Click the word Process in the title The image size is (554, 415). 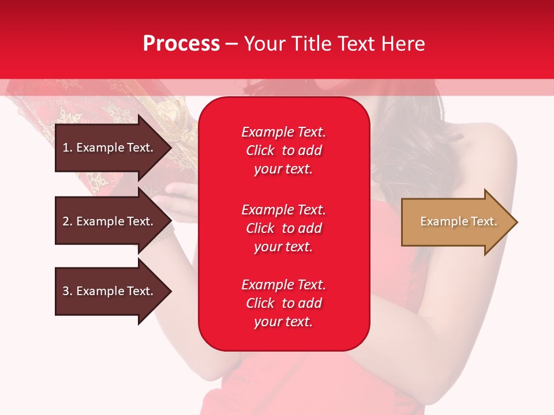(181, 44)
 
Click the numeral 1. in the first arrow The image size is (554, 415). (67, 148)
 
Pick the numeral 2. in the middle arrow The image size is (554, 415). (67, 221)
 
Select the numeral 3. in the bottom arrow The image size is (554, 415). (67, 291)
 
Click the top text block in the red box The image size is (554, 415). (284, 150)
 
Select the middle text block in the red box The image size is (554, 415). (284, 228)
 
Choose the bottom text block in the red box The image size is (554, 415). (284, 303)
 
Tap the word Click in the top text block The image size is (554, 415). (260, 150)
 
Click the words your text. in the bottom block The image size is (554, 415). (283, 322)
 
